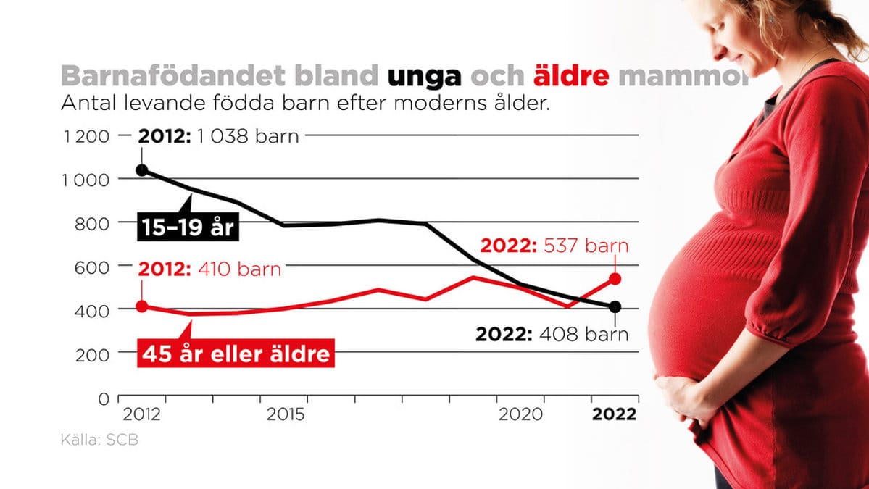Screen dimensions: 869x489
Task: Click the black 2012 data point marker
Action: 142,170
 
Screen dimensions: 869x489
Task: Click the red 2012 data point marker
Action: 142,306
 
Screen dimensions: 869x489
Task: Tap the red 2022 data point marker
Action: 615,279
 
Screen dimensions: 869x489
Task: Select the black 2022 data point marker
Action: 615,306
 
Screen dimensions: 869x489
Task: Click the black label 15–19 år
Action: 188,227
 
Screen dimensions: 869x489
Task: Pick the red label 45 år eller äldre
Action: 236,354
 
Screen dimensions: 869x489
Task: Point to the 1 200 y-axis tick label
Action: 86,136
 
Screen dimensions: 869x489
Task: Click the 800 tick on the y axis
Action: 93,223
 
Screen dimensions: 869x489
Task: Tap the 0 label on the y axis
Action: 104,398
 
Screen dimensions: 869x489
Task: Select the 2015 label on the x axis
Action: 286,414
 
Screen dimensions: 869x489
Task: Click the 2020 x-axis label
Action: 520,414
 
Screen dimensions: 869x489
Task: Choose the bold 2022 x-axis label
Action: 614,414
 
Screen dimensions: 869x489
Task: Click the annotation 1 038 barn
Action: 248,136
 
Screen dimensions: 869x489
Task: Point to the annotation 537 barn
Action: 586,246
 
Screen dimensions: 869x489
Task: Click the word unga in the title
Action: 424,76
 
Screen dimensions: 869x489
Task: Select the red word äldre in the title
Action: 571,75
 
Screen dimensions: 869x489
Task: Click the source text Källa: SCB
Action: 99,440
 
